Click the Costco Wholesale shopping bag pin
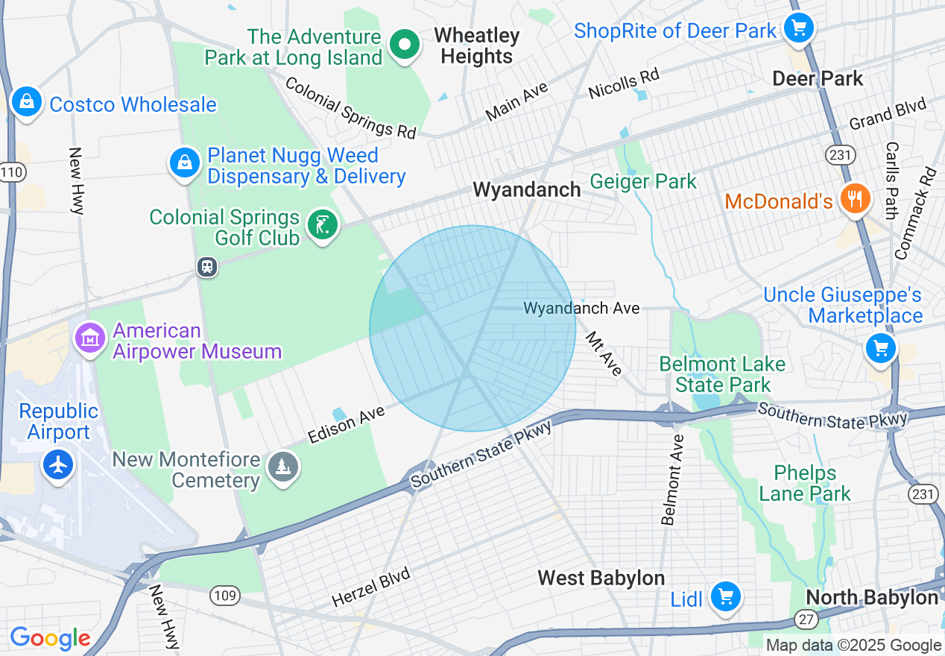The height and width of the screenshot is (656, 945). pyautogui.click(x=27, y=101)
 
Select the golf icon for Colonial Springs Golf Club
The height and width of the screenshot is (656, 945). pyautogui.click(x=323, y=224)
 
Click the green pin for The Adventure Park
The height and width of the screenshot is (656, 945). pyautogui.click(x=405, y=45)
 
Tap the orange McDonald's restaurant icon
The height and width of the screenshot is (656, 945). pyautogui.click(x=854, y=199)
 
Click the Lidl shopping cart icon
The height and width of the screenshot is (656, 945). pyautogui.click(x=725, y=596)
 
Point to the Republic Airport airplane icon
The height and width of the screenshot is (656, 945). pyautogui.click(x=58, y=464)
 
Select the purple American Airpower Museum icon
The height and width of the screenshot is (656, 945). pyautogui.click(x=90, y=339)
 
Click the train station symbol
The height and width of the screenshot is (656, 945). pyautogui.click(x=207, y=267)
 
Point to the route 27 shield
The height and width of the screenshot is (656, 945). pyautogui.click(x=806, y=619)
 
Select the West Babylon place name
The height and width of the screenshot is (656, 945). pyautogui.click(x=601, y=578)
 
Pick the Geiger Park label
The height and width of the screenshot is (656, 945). pyautogui.click(x=643, y=181)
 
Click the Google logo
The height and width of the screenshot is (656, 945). pyautogui.click(x=50, y=638)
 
